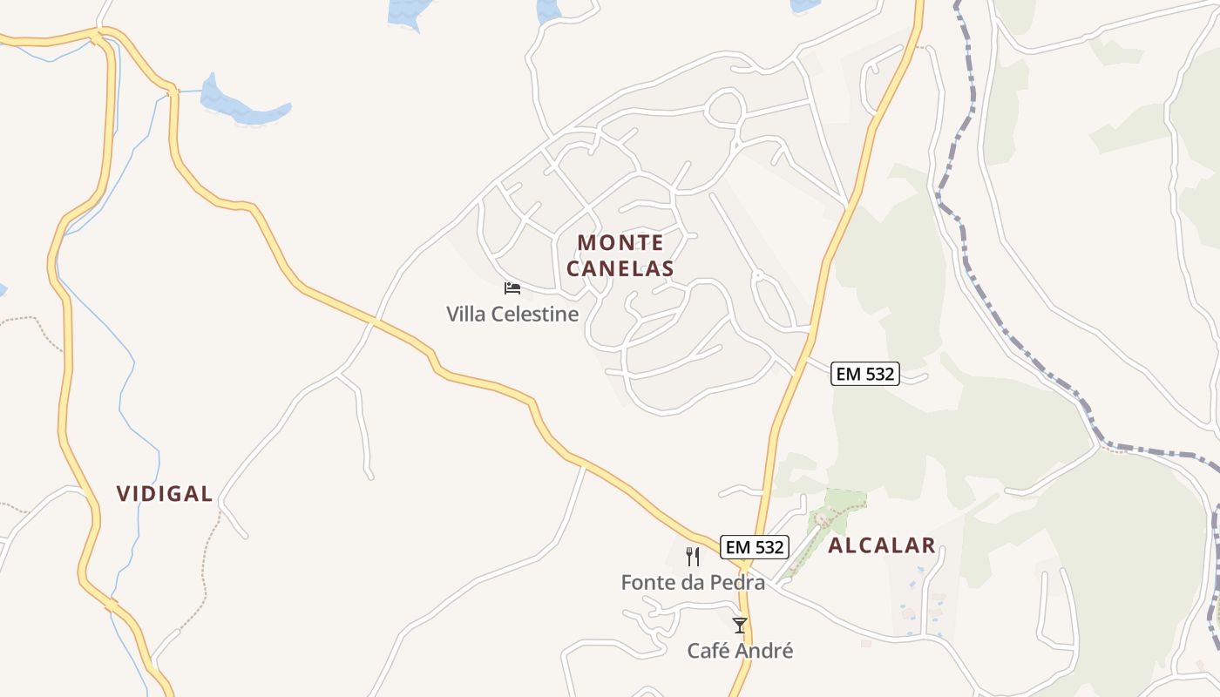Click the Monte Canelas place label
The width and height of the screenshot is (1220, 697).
[x=620, y=255]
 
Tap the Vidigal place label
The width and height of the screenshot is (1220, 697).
[x=165, y=494]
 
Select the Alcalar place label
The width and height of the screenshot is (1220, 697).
[x=881, y=546]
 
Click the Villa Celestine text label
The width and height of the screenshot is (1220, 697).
[x=512, y=314]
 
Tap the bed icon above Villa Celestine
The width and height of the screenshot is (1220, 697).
[x=512, y=288]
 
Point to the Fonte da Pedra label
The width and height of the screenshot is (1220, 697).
[x=693, y=582]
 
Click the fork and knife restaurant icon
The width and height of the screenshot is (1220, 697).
[x=693, y=557]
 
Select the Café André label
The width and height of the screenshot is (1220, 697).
[x=740, y=651]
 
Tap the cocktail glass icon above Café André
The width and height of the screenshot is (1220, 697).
[x=740, y=625]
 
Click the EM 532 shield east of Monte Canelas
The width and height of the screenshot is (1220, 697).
[x=864, y=374]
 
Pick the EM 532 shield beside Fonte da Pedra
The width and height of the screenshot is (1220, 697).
[x=755, y=547]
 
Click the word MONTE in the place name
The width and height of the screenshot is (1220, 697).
[x=620, y=242]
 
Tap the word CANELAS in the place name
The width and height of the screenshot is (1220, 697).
[x=620, y=268]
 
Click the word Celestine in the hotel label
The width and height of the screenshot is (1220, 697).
[x=537, y=314]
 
